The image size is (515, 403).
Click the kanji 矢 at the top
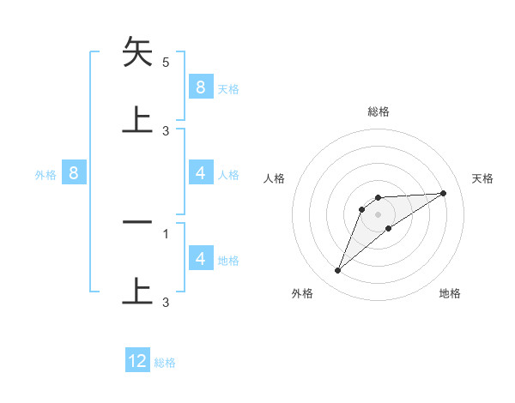[137, 54]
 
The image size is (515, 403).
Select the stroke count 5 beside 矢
[166, 63]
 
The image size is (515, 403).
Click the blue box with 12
[137, 361]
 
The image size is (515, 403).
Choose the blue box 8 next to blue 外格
[74, 173]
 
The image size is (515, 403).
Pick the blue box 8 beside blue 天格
[200, 87]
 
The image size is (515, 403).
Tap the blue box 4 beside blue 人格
[200, 173]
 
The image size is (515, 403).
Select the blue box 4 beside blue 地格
[200, 258]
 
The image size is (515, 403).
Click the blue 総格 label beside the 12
[166, 363]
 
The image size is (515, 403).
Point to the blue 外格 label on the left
[45, 175]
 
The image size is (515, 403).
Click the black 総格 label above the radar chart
[378, 111]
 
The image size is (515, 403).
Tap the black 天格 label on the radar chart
[482, 178]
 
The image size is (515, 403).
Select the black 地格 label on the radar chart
[450, 293]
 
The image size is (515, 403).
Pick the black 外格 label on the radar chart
[302, 293]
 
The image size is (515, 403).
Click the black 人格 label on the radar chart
[275, 178]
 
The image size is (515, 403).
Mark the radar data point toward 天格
[443, 193]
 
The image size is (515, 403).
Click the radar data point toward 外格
[337, 271]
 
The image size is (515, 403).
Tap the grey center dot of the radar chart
[378, 214]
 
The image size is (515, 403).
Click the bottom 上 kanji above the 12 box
[137, 290]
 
